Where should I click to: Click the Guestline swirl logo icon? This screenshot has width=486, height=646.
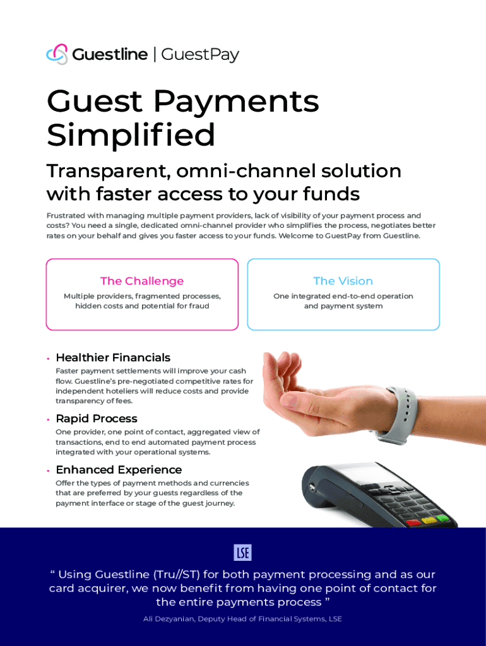click(x=57, y=54)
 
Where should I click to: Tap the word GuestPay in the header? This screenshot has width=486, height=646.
click(x=200, y=55)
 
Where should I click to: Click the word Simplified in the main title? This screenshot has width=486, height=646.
click(x=131, y=134)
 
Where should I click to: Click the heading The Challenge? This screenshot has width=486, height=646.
click(x=142, y=281)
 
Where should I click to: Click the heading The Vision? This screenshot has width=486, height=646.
click(x=343, y=281)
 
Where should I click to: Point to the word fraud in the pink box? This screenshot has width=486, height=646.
click(x=199, y=306)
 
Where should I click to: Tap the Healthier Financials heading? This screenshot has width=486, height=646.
click(x=113, y=358)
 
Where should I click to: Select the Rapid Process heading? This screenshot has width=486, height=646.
click(x=97, y=419)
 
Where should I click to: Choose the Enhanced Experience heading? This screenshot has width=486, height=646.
click(x=119, y=469)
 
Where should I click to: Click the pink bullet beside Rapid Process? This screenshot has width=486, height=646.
click(x=48, y=420)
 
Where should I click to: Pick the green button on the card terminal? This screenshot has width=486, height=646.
click(x=442, y=518)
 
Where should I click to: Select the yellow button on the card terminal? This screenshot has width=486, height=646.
click(x=429, y=520)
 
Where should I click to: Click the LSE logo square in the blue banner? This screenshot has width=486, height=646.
click(x=243, y=553)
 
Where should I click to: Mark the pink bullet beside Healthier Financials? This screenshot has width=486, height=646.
click(x=48, y=358)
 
